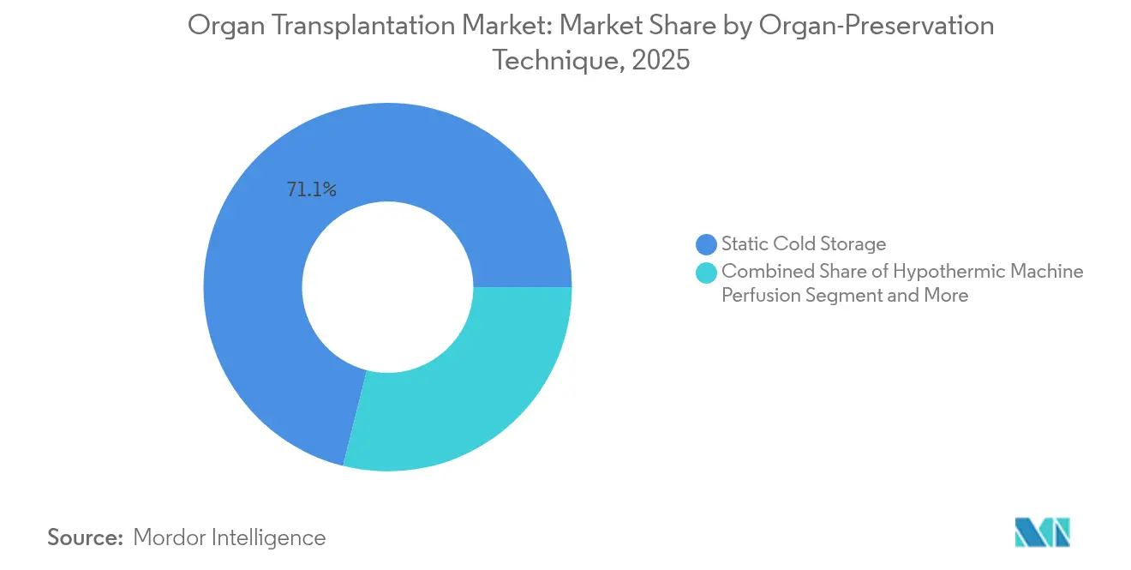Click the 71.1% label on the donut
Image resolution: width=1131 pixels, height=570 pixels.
coord(311,190)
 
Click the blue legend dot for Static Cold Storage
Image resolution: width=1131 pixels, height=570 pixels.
coord(707,245)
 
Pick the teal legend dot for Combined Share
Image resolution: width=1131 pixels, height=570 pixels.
coord(707,273)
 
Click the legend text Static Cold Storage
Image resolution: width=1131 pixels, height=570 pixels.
coord(803,244)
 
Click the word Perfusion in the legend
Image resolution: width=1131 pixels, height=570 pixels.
coord(760,296)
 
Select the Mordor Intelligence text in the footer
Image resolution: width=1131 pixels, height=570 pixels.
coord(230,537)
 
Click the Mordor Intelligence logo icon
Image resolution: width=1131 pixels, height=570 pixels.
coord(1042,532)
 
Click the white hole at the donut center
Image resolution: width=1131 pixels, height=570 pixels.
coord(387,287)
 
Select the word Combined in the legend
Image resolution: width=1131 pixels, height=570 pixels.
coord(762,272)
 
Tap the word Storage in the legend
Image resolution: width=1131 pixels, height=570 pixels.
coord(852,244)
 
